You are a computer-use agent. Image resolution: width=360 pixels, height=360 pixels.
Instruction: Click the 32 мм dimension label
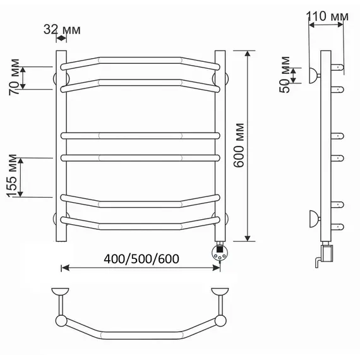pos(62,30)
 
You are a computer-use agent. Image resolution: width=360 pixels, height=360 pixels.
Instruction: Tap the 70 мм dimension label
pos(14,77)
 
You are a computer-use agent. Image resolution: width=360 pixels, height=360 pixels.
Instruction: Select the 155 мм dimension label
pos(12,176)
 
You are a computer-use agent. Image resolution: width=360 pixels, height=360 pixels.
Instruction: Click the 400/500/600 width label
pos(141,259)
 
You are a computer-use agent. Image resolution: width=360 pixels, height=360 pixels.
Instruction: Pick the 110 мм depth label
pos(327,16)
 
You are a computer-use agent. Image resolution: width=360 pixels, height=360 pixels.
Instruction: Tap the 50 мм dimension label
pos(285,75)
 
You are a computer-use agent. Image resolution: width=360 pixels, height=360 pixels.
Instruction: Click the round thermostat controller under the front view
pos(220,252)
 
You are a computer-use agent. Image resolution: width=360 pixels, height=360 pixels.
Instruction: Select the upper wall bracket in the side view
pos(315,75)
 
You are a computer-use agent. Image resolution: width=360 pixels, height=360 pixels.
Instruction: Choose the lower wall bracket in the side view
pos(315,219)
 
